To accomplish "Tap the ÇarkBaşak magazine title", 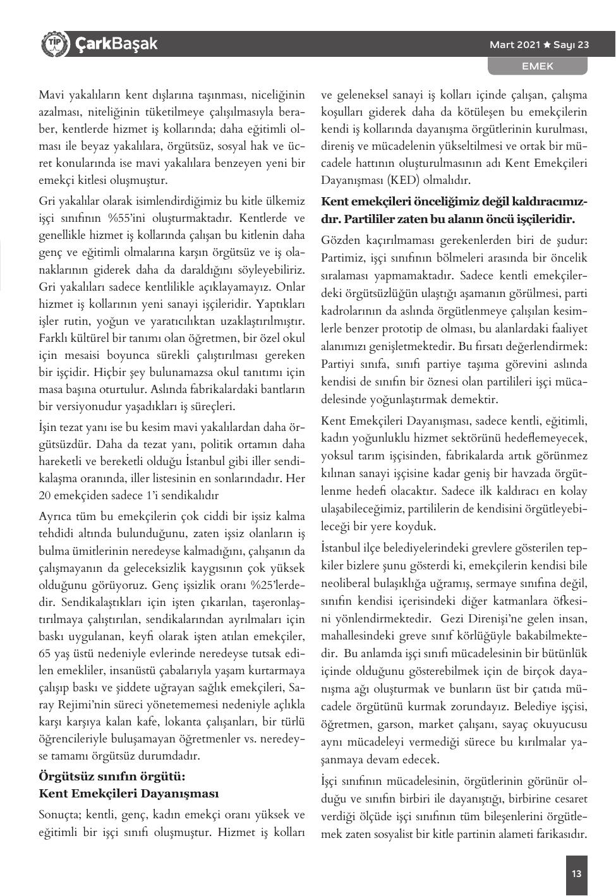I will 116,44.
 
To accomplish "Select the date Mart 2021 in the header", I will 515,45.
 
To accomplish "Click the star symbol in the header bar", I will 547,45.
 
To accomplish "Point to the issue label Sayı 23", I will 571,45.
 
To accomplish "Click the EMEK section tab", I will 537,66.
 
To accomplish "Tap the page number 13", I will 576,874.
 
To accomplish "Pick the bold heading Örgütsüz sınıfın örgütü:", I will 111,776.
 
